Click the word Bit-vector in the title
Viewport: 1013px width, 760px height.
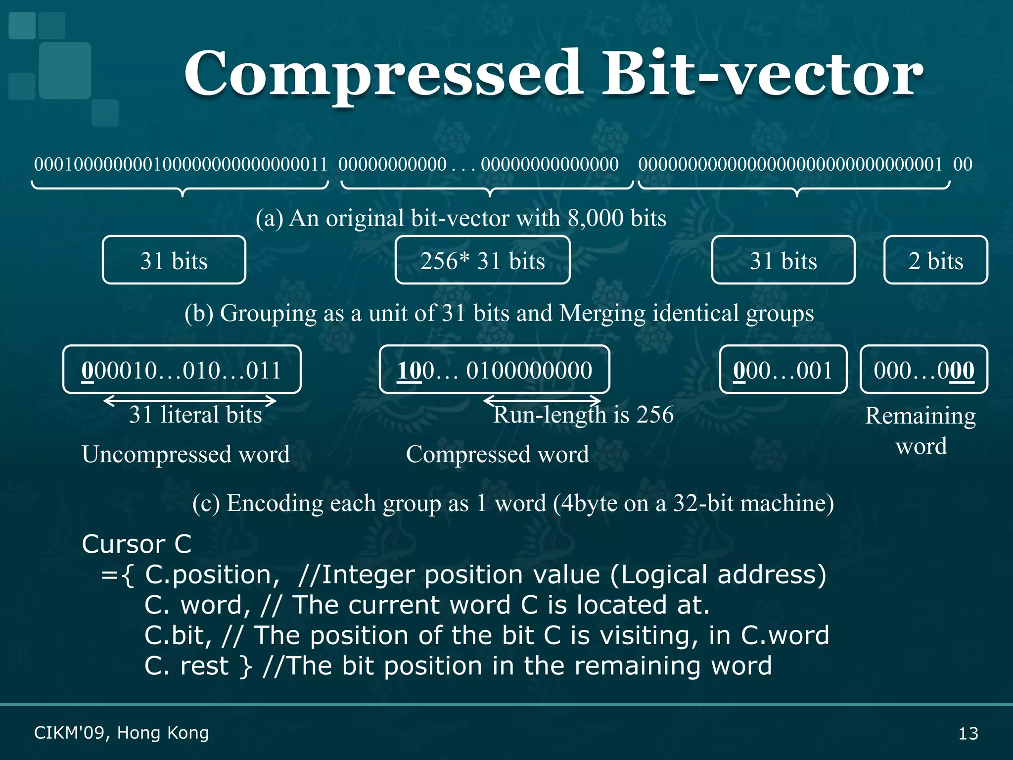click(x=762, y=74)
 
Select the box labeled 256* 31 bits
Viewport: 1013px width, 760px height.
click(x=482, y=260)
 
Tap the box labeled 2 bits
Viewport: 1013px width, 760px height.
click(x=935, y=260)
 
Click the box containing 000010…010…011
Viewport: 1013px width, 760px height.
click(x=182, y=370)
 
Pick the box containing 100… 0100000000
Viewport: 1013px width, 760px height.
click(x=494, y=370)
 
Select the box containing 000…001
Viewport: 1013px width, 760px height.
click(x=783, y=370)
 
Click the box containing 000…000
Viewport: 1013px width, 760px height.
click(x=923, y=370)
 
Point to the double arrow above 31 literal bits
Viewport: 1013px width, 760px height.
click(x=190, y=400)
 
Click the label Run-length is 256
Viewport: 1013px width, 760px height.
click(x=584, y=415)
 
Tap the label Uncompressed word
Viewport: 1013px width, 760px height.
click(x=185, y=454)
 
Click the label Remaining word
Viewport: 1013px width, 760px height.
click(x=921, y=430)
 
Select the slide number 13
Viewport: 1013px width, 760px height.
click(x=968, y=733)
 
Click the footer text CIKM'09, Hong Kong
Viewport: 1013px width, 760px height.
click(x=121, y=733)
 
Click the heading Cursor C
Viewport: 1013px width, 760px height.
click(x=137, y=544)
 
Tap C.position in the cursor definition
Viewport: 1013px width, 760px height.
click(x=208, y=575)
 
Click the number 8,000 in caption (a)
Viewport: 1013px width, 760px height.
click(x=596, y=218)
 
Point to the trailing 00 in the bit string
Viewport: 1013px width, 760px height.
click(x=963, y=164)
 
